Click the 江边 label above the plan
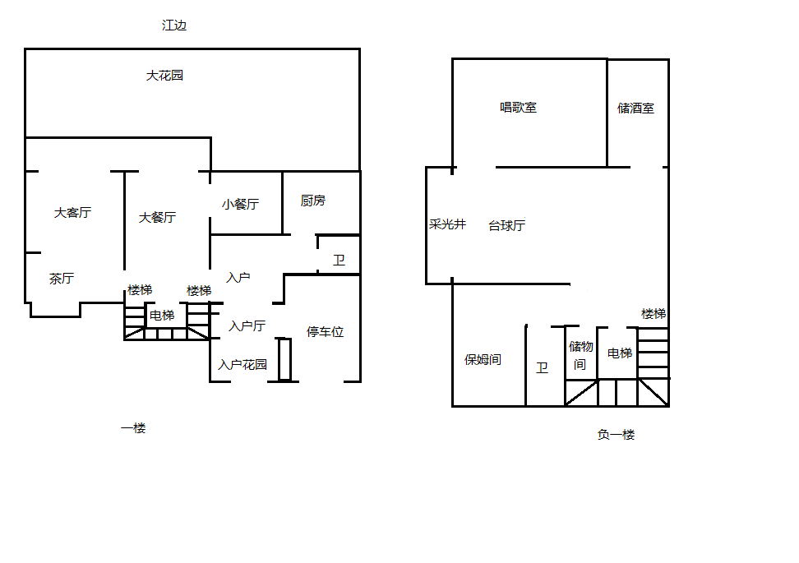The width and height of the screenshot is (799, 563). (174, 25)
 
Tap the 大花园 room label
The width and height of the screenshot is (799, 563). (164, 76)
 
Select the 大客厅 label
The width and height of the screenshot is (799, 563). (72, 213)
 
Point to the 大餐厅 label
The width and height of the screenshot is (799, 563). (158, 218)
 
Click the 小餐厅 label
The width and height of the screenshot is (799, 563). (240, 205)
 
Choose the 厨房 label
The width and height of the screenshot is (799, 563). (313, 201)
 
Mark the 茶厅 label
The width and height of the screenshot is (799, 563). (62, 278)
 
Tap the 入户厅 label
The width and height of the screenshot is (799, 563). (247, 325)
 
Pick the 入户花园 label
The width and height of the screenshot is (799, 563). (242, 364)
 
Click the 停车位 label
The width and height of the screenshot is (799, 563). (325, 332)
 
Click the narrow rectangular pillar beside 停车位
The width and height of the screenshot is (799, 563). (285, 360)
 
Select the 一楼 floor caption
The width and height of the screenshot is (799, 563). (133, 428)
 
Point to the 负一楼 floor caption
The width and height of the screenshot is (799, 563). (616, 435)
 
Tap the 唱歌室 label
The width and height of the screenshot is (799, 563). (518, 108)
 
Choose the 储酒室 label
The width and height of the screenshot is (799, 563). (635, 108)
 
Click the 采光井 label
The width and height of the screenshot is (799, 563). (447, 224)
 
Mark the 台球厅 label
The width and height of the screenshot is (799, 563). (506, 225)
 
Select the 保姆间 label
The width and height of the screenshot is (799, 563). (483, 360)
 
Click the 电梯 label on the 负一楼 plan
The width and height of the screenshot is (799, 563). (620, 353)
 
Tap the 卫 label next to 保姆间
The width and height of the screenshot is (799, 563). (542, 367)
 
